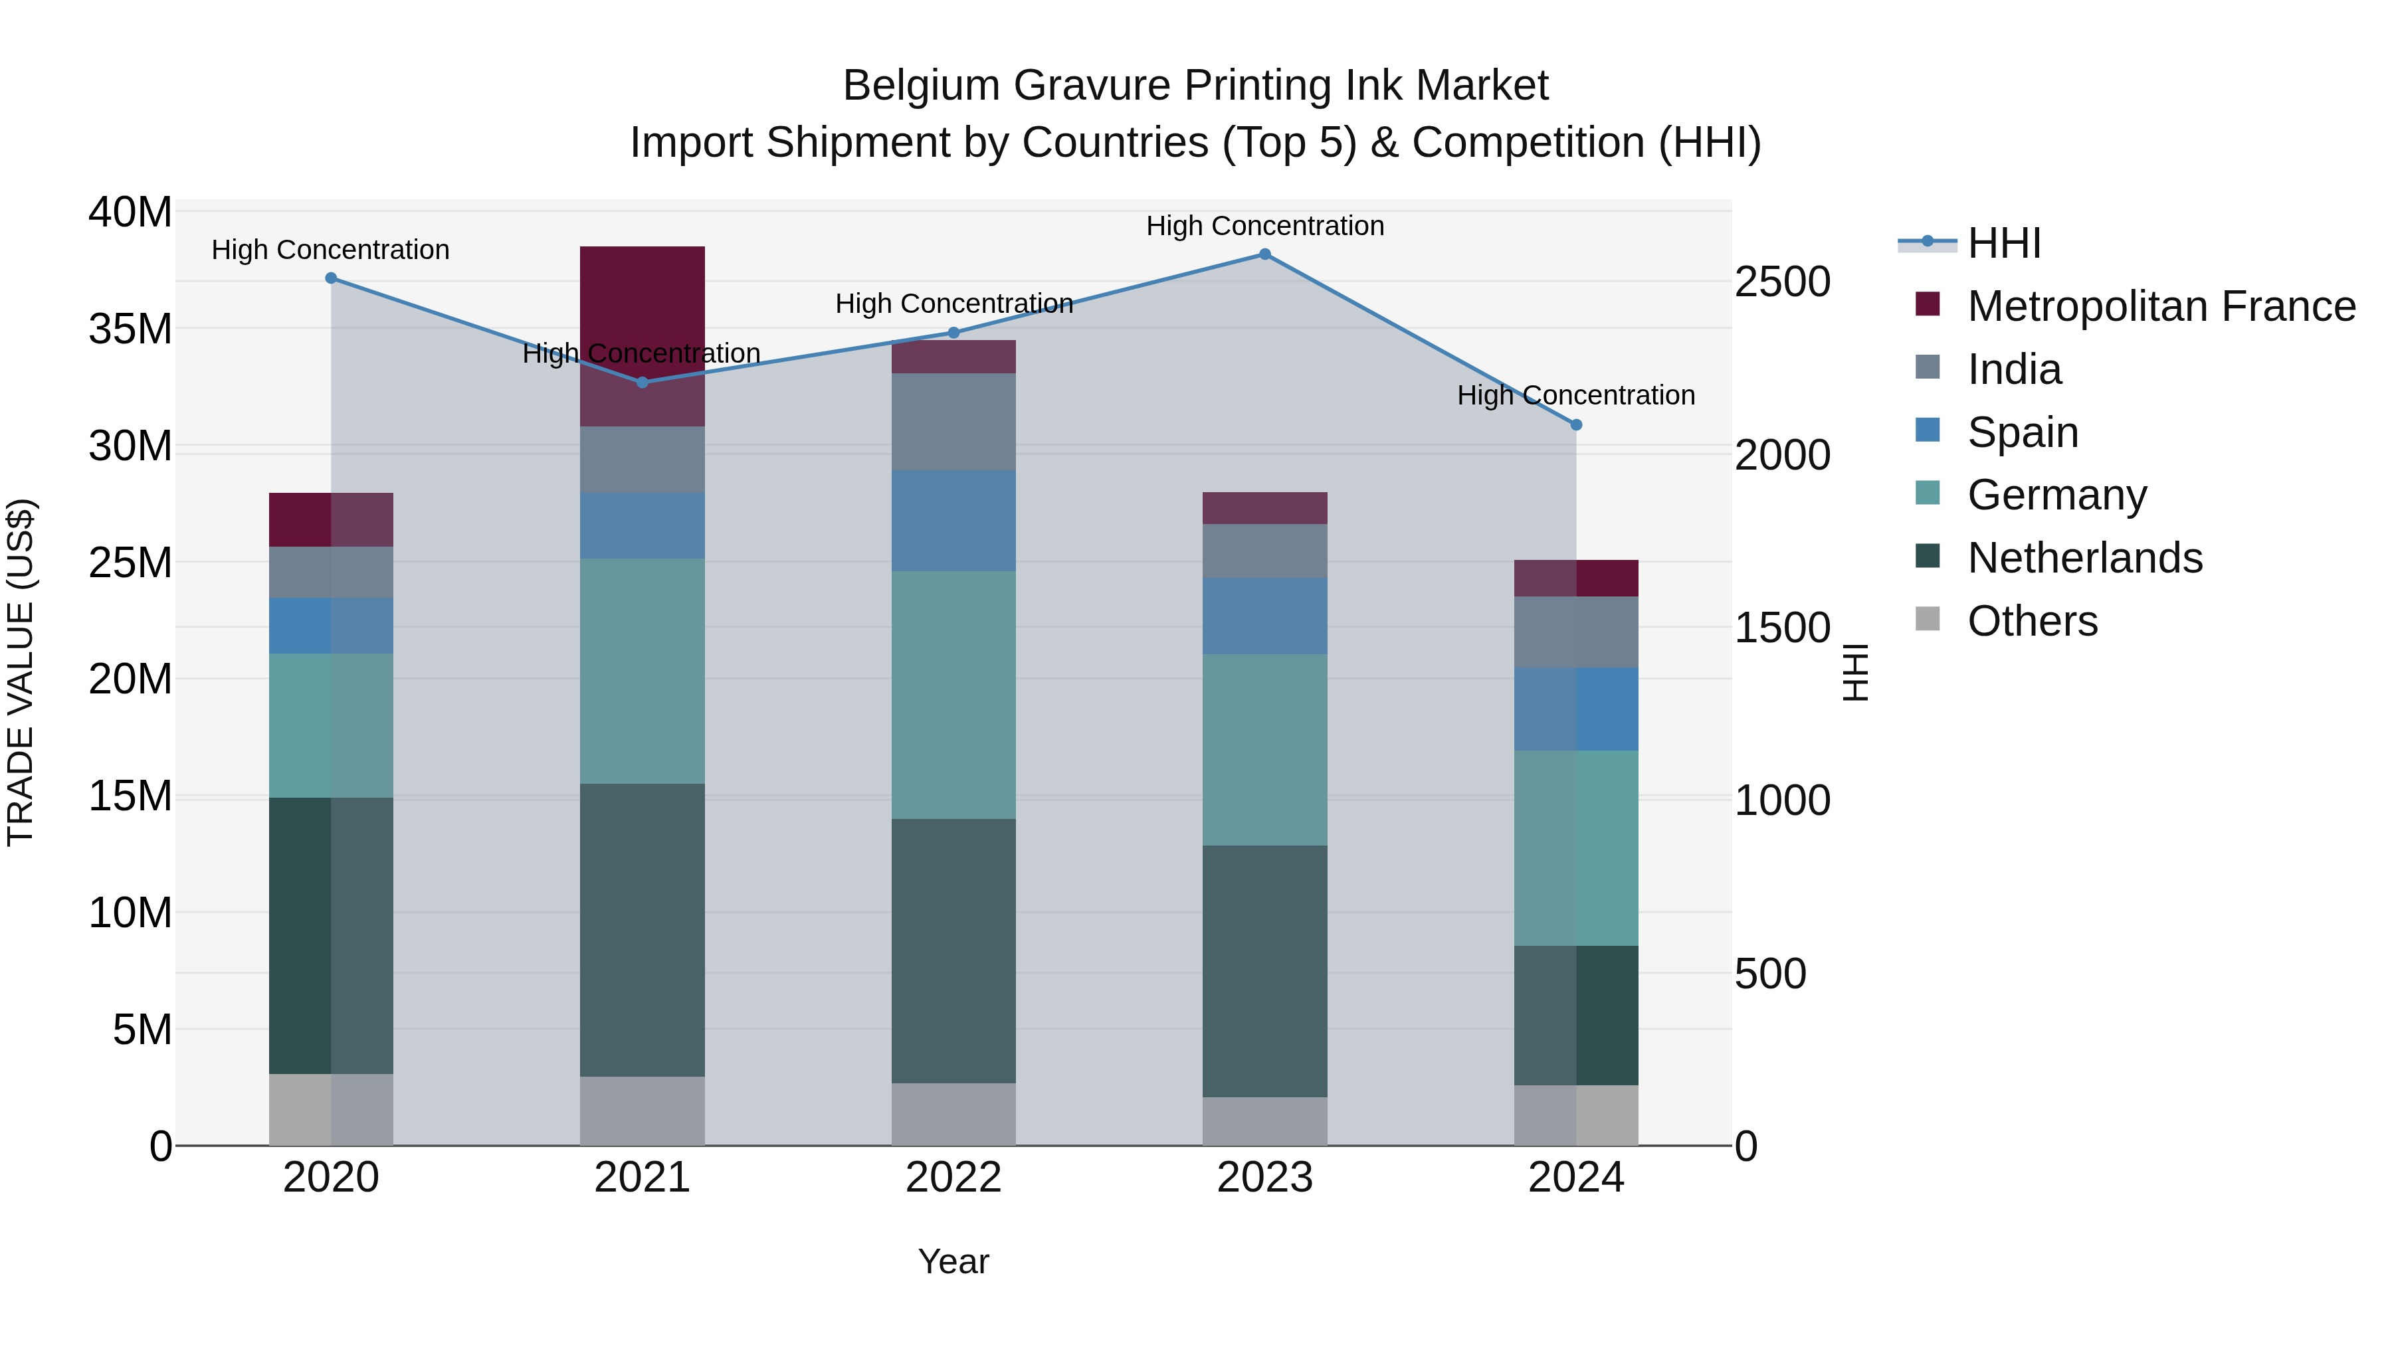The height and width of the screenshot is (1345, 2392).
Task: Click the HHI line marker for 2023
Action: (1264, 254)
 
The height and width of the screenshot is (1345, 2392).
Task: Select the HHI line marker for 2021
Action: (642, 383)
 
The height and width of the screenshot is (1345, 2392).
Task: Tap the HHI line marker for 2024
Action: (1576, 425)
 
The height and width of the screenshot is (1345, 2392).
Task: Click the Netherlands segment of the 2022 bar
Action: (953, 950)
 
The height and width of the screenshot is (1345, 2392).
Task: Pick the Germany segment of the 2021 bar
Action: (642, 671)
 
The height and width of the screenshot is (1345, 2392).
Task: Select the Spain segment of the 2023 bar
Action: (1264, 616)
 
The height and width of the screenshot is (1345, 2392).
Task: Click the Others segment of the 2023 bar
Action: (1264, 1121)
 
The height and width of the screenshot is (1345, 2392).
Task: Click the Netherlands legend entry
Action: (2084, 558)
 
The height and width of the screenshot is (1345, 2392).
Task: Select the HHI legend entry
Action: (2004, 243)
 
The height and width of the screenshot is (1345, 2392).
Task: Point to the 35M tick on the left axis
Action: (130, 329)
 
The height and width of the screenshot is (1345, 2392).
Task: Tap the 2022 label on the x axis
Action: (953, 1178)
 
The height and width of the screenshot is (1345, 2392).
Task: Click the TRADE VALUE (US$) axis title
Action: (21, 672)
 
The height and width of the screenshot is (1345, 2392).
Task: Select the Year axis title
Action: (953, 1261)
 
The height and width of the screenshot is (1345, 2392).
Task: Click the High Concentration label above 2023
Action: (1264, 226)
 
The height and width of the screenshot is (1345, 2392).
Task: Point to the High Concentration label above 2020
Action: (331, 250)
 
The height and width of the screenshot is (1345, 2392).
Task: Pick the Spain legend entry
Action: (2023, 432)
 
